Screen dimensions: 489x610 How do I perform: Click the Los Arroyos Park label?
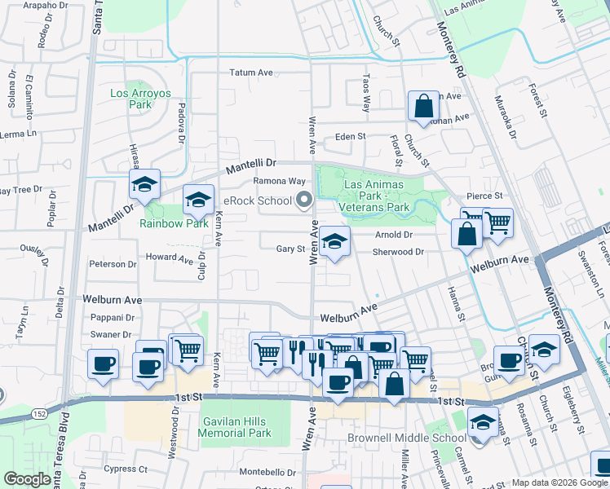tap(140, 99)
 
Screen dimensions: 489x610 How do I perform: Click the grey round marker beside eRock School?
tap(304, 200)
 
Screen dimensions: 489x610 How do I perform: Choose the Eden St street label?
tap(350, 137)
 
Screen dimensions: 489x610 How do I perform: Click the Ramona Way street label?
tap(279, 181)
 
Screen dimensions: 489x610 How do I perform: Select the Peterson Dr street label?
tap(113, 264)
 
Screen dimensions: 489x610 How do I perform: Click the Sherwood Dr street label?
tap(398, 252)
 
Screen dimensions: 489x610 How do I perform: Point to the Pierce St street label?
tap(484, 196)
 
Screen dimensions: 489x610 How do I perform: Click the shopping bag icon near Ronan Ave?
tap(423, 106)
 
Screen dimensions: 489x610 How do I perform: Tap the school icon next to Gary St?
tap(334, 241)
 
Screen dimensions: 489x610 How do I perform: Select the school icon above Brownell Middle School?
tap(483, 423)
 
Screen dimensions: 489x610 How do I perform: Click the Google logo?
tap(27, 479)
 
